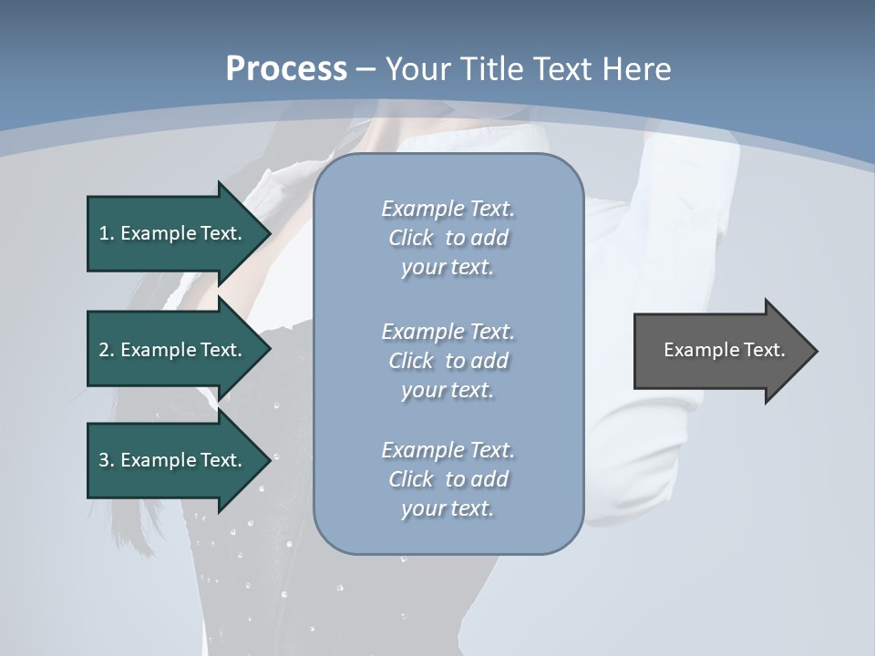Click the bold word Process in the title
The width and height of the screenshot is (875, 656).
click(x=286, y=68)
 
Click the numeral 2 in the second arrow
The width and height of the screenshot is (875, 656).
click(x=104, y=350)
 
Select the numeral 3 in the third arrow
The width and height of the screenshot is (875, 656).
click(x=104, y=460)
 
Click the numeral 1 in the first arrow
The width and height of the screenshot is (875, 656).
click(x=104, y=233)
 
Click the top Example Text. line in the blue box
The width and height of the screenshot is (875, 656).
click(x=448, y=209)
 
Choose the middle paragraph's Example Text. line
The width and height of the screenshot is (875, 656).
click(x=448, y=332)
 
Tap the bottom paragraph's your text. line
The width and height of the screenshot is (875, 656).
click(x=448, y=508)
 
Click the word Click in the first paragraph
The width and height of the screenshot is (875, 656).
click(x=410, y=238)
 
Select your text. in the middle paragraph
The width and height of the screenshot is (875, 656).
click(x=448, y=390)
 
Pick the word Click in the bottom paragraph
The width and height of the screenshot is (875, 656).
click(x=410, y=479)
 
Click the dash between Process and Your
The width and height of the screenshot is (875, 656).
click(x=365, y=68)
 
